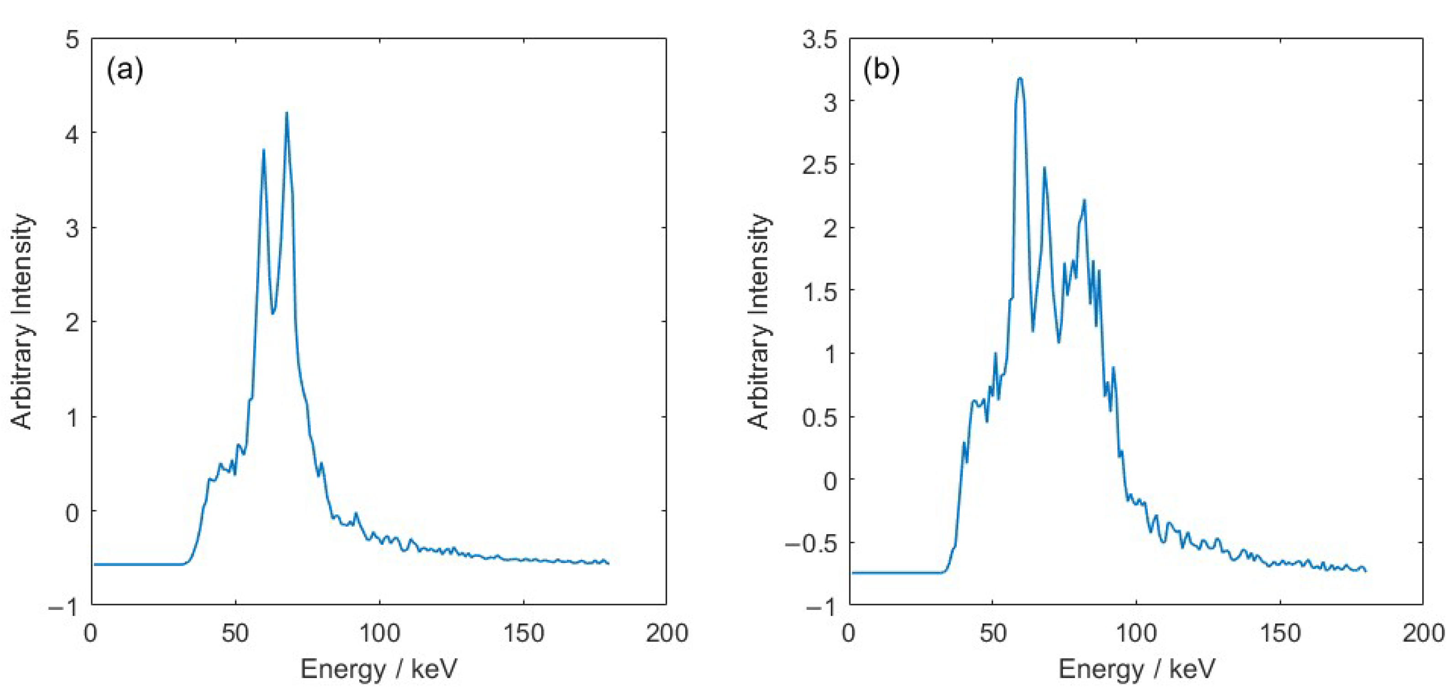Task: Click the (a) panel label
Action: (x=125, y=70)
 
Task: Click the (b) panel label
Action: (x=882, y=70)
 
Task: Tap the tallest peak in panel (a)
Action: (x=286, y=113)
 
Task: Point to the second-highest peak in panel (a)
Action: (x=263, y=150)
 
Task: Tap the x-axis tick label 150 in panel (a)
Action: (x=523, y=633)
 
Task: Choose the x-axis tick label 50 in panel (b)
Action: (x=993, y=633)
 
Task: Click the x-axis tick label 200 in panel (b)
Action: (x=1423, y=633)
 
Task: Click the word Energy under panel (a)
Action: (x=343, y=669)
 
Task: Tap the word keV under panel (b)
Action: (x=1192, y=669)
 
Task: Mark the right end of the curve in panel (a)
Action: (x=608, y=564)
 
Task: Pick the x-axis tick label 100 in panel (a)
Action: (x=379, y=633)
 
